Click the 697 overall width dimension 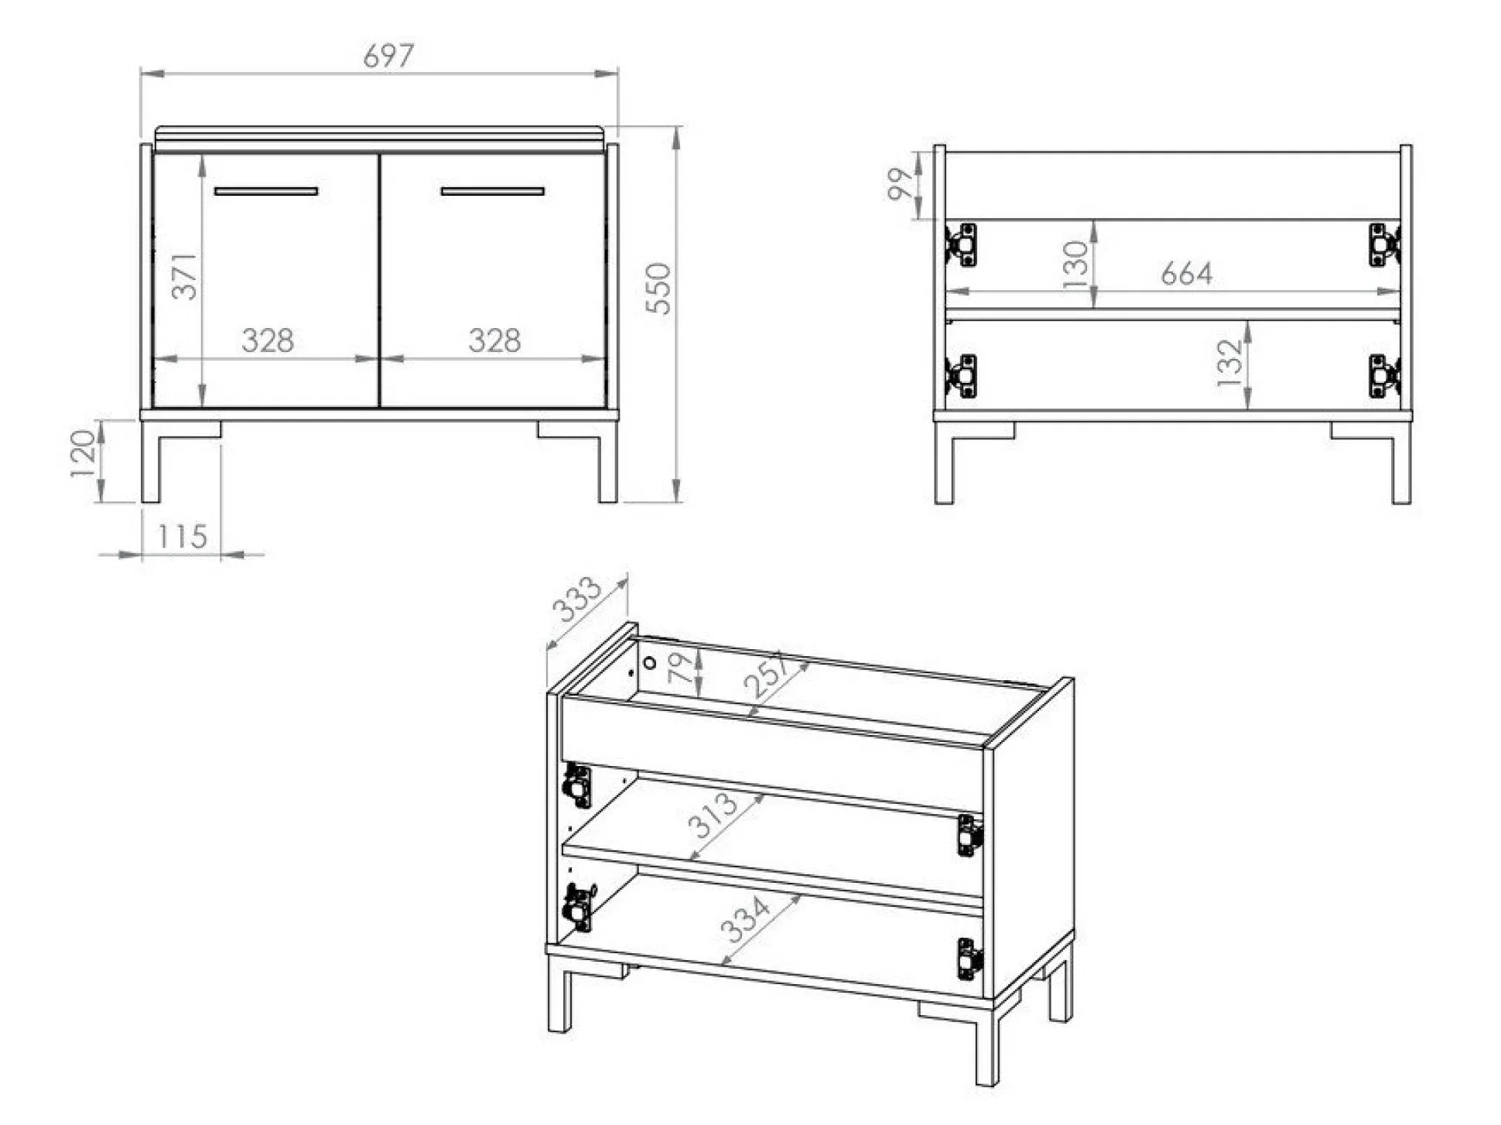(388, 55)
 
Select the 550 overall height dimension (658, 288)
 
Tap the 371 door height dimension (184, 275)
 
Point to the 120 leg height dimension (83, 453)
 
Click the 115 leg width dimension (183, 536)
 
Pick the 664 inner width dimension (1186, 273)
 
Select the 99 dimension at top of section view (900, 184)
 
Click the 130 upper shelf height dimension (1075, 264)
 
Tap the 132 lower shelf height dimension (1229, 362)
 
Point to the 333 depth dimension (576, 599)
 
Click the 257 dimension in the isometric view (767, 675)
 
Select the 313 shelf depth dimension (712, 815)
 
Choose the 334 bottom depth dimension (744, 918)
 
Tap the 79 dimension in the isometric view (680, 667)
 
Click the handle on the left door (266, 191)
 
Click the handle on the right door (492, 191)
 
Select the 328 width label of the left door (268, 340)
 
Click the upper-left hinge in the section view (961, 244)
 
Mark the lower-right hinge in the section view (1384, 376)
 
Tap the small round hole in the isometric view (650, 663)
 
